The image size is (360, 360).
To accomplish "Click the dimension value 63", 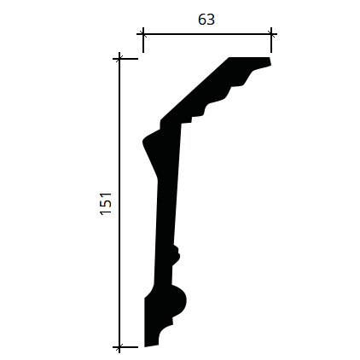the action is coord(206,20).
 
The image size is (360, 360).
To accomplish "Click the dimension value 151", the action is coord(106,204).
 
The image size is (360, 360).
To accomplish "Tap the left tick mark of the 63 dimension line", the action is coord(143,34).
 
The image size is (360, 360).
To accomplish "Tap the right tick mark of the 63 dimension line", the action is coord(271,34).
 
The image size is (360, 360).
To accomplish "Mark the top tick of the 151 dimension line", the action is coord(119,59).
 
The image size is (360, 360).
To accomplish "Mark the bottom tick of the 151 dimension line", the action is coord(119,347).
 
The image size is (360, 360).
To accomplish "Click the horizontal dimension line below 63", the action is coord(207,34).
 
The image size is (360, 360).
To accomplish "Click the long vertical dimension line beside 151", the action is coord(119,203).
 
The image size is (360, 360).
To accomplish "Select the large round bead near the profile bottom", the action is coord(178,300).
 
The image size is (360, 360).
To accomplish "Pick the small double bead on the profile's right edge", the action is coord(177,255).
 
